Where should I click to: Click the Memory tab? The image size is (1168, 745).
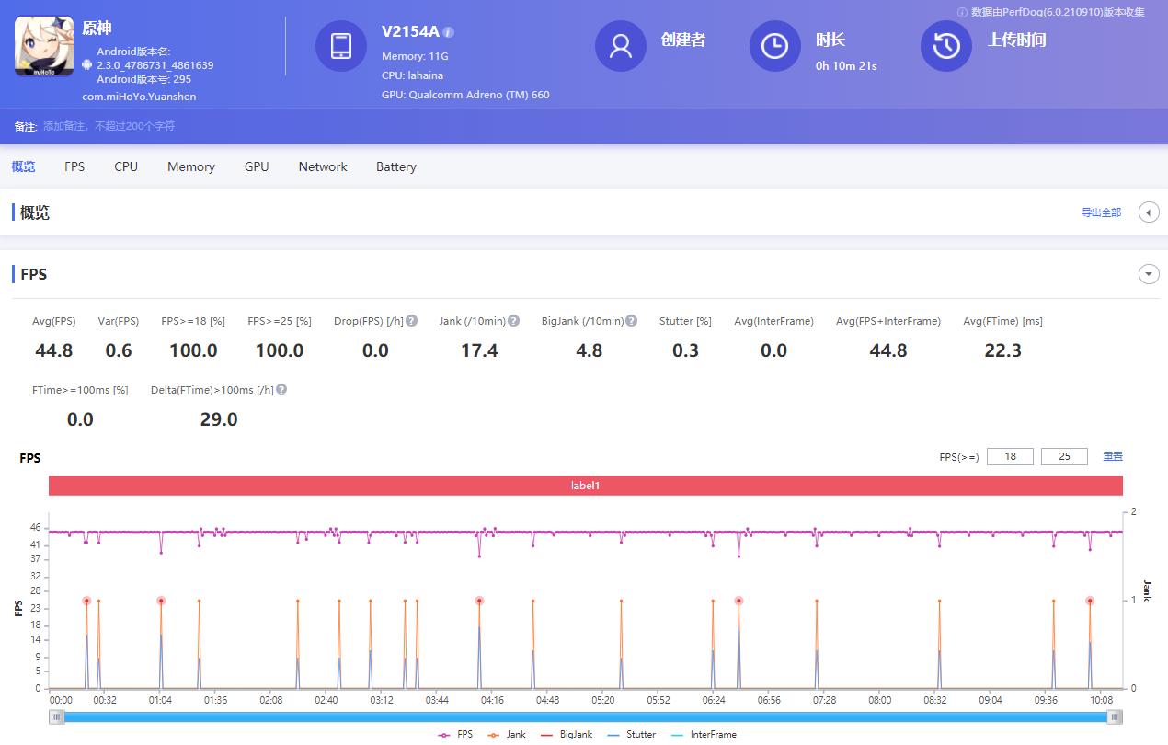point(190,166)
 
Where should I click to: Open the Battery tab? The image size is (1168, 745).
point(395,166)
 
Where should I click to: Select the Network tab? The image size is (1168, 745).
point(323,166)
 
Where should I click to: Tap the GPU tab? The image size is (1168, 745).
point(257,166)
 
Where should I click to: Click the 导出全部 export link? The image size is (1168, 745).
point(1101,212)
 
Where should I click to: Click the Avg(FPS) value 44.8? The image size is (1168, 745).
point(53,350)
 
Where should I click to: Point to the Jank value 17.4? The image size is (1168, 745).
point(479,350)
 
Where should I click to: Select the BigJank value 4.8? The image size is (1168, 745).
point(589,350)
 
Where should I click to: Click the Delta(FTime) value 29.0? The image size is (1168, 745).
point(219,419)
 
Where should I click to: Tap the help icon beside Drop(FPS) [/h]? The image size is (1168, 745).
point(412,321)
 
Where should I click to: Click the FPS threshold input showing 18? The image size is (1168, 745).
point(1010,456)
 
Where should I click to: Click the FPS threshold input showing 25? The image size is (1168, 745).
point(1064,456)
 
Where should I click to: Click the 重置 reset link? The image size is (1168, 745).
point(1113,456)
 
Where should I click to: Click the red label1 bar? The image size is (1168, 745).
point(585,486)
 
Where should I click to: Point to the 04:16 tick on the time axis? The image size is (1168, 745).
point(492,700)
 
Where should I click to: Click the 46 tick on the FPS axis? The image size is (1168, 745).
point(36,528)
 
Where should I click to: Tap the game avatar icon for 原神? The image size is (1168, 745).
point(44,46)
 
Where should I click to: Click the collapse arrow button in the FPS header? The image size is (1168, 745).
point(1149,274)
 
